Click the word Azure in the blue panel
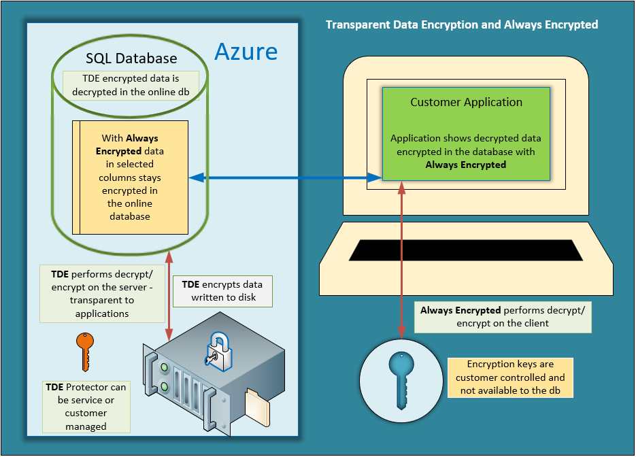(x=246, y=51)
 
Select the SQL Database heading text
(x=131, y=58)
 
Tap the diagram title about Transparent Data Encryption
(x=461, y=24)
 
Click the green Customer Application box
(x=466, y=133)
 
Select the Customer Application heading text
(x=466, y=103)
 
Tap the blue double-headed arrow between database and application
(x=286, y=177)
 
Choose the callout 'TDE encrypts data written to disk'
(x=222, y=290)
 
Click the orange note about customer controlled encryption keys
(x=509, y=377)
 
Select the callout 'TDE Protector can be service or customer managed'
(x=86, y=406)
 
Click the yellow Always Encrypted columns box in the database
(x=130, y=177)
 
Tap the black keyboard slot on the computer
(x=466, y=250)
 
